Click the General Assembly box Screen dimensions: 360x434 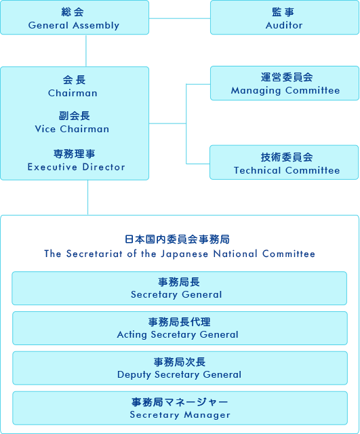click(x=75, y=18)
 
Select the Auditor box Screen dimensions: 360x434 click(x=285, y=18)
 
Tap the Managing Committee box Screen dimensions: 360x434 click(x=285, y=83)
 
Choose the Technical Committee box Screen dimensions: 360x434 click(x=284, y=163)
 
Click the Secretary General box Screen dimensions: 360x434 click(x=179, y=288)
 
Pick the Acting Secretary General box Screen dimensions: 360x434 click(x=180, y=328)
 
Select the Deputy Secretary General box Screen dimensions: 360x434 click(x=180, y=368)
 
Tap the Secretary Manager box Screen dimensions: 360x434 click(x=180, y=408)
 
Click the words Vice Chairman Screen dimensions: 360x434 click(x=72, y=129)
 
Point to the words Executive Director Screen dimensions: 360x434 click(x=76, y=167)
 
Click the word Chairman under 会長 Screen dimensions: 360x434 click(x=73, y=93)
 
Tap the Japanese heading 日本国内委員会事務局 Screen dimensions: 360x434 click(x=177, y=239)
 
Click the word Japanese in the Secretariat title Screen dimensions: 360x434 click(x=184, y=254)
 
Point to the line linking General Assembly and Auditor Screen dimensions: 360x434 click(x=180, y=18)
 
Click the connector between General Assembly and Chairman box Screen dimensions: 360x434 click(x=86, y=51)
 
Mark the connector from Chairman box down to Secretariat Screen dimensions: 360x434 click(x=87, y=197)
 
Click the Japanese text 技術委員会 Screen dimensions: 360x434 click(x=287, y=157)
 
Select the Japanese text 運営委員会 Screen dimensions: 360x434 click(x=287, y=77)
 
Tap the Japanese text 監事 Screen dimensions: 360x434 click(x=283, y=12)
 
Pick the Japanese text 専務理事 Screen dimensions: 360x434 click(x=74, y=154)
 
